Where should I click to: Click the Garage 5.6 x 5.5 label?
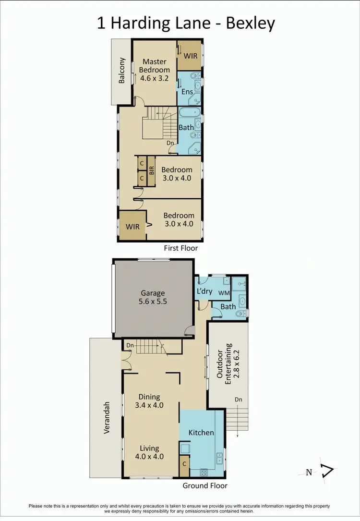pyautogui.click(x=153, y=298)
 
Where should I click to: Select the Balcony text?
pyautogui.click(x=122, y=71)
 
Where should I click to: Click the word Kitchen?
pyautogui.click(x=201, y=432)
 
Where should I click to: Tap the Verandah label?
pyautogui.click(x=108, y=418)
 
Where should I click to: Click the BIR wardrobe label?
pyautogui.click(x=151, y=171)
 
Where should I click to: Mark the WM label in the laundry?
pyautogui.click(x=224, y=292)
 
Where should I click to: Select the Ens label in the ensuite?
pyautogui.click(x=187, y=92)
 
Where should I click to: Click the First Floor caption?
pyautogui.click(x=181, y=248)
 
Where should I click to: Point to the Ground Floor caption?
pyautogui.click(x=205, y=485)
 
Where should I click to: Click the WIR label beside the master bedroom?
pyautogui.click(x=190, y=56)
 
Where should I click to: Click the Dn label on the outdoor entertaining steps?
pyautogui.click(x=239, y=400)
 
